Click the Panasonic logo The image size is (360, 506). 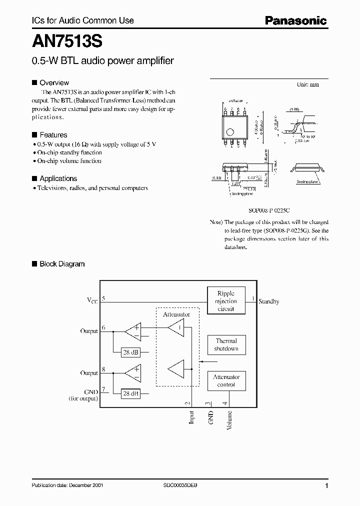point(295,20)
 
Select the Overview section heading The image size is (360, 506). point(54,82)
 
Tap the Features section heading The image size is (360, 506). point(53,135)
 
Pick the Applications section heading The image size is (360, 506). point(58,178)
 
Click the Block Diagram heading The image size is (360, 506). point(62,263)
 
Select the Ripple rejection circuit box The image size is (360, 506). point(225,301)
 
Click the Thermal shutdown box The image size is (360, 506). point(226,345)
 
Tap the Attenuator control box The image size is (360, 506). point(226,381)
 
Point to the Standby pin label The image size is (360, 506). point(269,301)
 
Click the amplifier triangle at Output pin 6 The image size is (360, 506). point(132,331)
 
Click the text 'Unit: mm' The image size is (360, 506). point(308,84)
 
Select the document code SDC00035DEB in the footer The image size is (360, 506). point(180,485)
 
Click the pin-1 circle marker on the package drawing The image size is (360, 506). point(229,132)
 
